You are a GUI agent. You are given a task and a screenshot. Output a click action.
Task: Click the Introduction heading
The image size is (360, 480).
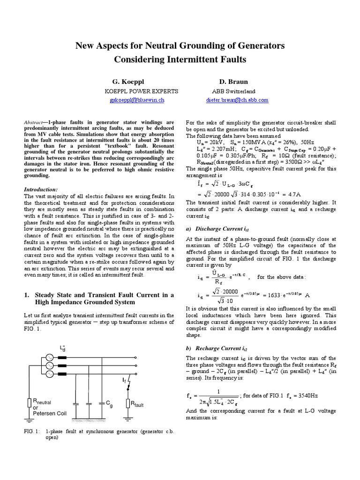pyautogui.click(x=40, y=189)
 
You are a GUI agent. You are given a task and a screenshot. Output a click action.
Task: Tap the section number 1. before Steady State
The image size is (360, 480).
pyautogui.click(x=26, y=295)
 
